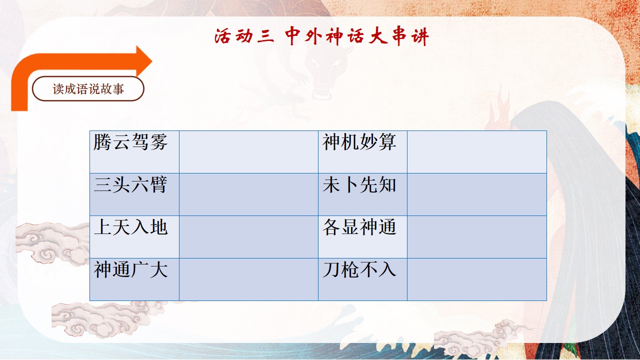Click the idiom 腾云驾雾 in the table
click(130, 141)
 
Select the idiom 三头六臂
click(130, 184)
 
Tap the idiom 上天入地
click(130, 227)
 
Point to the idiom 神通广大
click(130, 269)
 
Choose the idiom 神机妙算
click(359, 141)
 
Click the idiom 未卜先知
click(359, 184)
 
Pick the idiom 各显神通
click(359, 227)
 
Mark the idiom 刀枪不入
click(359, 269)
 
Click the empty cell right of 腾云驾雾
click(248, 152)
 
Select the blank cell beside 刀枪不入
click(477, 279)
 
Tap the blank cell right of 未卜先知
click(477, 194)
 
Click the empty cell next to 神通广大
click(248, 279)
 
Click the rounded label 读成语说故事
click(88, 89)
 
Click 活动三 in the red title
click(244, 36)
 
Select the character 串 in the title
click(399, 36)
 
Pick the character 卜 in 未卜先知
click(350, 184)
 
